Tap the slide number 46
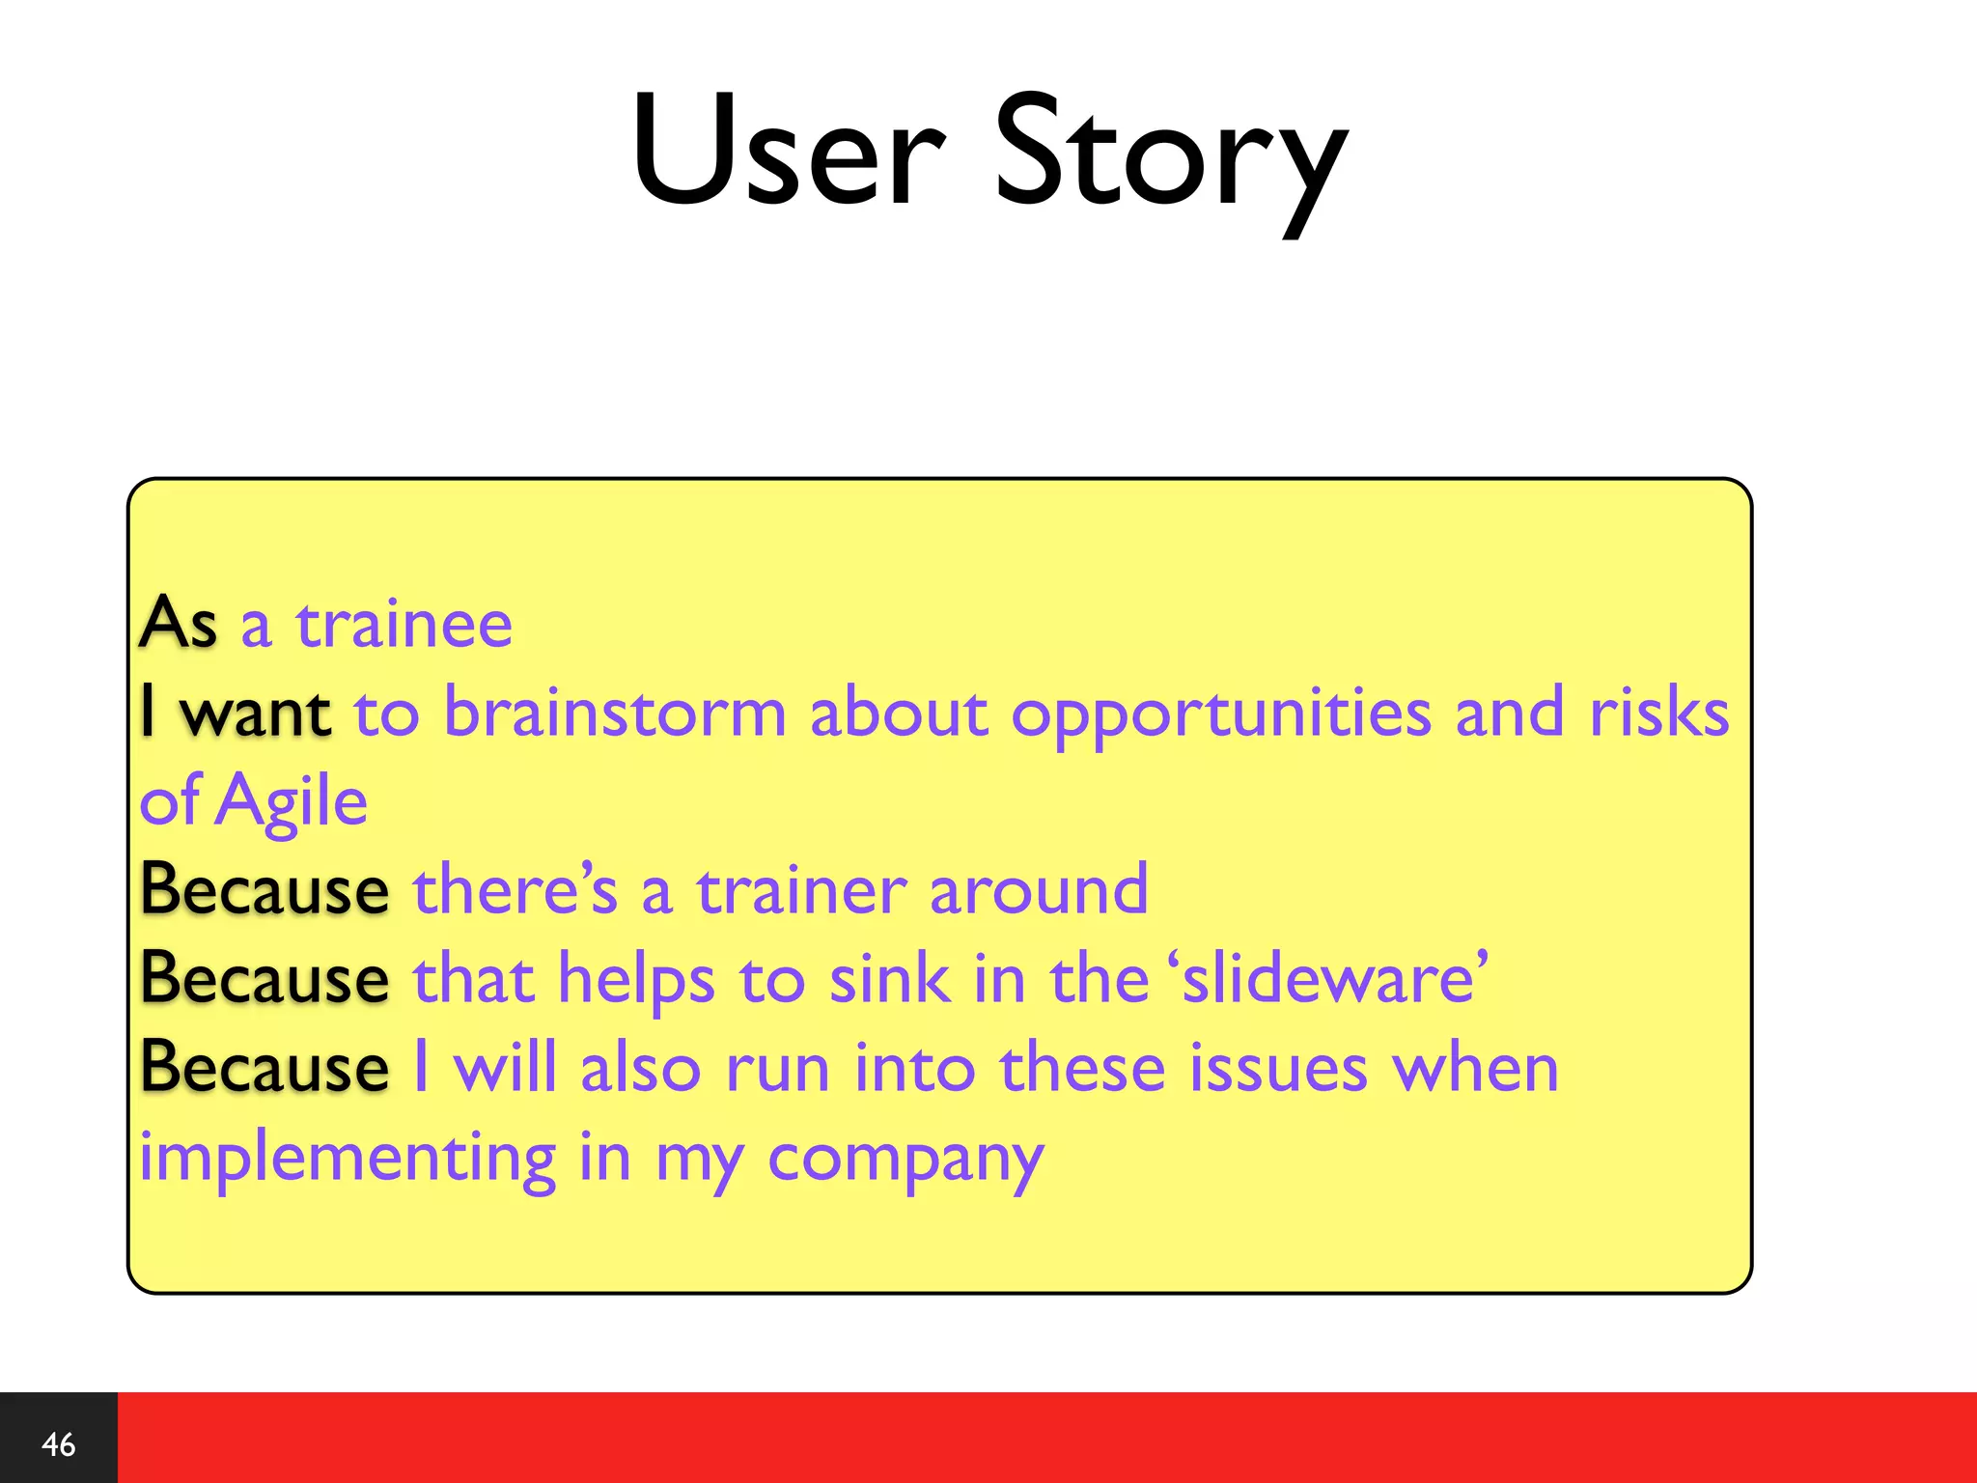coord(59,1444)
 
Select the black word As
coord(178,623)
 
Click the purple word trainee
coord(404,625)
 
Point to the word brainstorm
coord(615,713)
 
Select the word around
coord(1039,890)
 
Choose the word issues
coord(1278,1069)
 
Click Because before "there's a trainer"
coord(265,890)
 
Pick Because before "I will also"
coord(265,1068)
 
